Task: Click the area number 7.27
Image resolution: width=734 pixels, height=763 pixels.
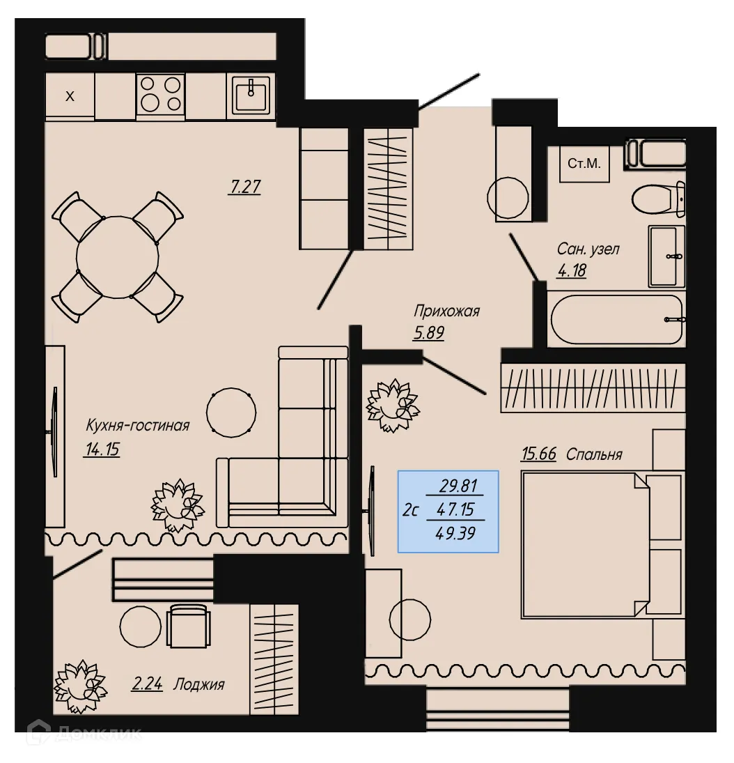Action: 244,187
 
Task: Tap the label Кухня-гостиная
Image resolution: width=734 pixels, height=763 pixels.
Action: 137,425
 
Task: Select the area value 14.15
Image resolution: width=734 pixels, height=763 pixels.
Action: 102,449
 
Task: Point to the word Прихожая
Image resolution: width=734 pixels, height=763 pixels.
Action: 446,311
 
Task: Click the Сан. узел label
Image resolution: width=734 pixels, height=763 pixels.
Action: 588,249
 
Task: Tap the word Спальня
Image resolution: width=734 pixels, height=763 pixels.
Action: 594,454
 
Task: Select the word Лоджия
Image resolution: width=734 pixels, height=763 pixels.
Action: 199,684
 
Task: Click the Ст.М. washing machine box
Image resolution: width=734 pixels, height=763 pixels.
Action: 584,164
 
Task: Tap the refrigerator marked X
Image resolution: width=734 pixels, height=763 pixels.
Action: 70,96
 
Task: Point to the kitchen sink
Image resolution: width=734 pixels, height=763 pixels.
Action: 251,94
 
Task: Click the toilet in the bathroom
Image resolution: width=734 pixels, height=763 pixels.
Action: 658,199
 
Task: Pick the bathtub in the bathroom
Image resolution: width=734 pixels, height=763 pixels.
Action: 616,320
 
